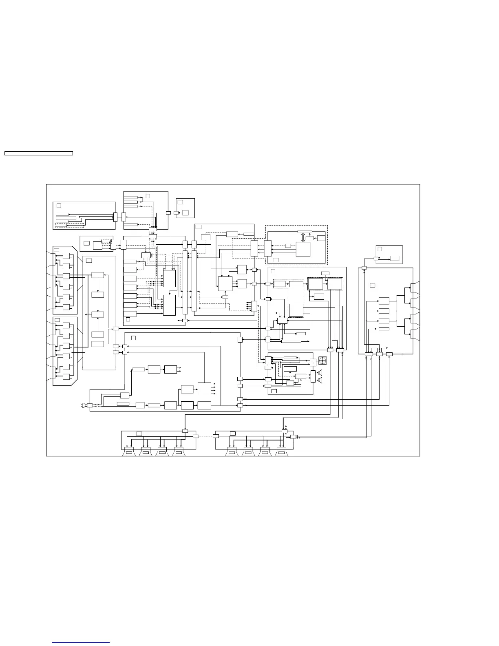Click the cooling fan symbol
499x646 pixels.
coord(323,361)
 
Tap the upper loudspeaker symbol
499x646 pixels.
coord(320,372)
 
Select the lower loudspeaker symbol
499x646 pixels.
coord(320,381)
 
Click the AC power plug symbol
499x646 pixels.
coord(84,405)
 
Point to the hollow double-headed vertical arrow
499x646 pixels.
coord(303,238)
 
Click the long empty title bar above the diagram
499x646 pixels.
coord(38,153)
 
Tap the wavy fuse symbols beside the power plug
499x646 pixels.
coord(97,405)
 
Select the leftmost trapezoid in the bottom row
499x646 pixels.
coord(129,452)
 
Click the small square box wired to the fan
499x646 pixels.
coord(313,363)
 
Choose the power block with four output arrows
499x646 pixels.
coord(204,389)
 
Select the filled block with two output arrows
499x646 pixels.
coord(170,369)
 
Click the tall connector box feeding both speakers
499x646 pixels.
coord(313,376)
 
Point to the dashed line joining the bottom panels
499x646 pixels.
coord(205,436)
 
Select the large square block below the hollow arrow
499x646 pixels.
coord(303,248)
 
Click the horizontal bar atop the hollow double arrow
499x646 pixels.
coord(305,232)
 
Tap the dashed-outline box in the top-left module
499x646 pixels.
coord(69,225)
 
